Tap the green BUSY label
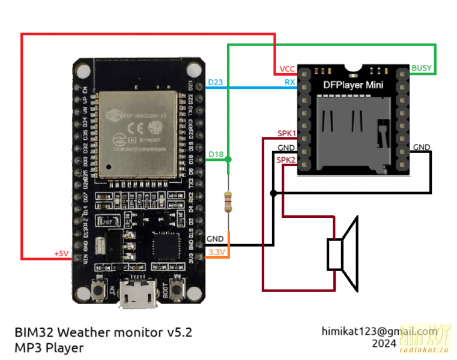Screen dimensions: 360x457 pyautogui.click(x=420, y=68)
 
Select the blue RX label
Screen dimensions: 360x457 pyautogui.click(x=289, y=83)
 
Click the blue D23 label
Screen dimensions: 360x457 pyautogui.click(x=214, y=82)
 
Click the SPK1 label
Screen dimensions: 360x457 pyautogui.click(x=286, y=133)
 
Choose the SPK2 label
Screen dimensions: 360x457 pyautogui.click(x=286, y=160)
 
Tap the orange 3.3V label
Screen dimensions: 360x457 pyautogui.click(x=216, y=253)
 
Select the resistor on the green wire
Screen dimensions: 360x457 pyautogui.click(x=228, y=202)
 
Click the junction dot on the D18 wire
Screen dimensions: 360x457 pyautogui.click(x=228, y=160)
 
